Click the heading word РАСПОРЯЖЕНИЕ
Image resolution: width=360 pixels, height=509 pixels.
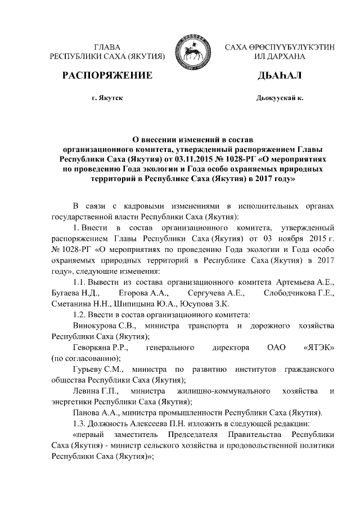(107, 75)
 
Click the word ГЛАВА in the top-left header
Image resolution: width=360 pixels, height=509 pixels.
(107, 47)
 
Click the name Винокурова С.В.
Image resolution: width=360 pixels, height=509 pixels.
(101, 326)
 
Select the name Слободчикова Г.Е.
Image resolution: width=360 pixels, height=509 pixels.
(299, 293)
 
